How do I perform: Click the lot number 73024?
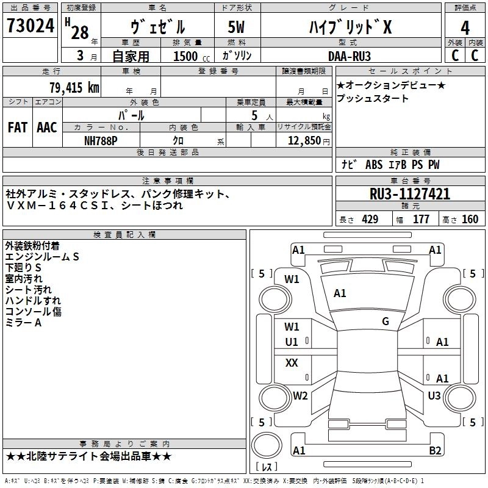pos(30,26)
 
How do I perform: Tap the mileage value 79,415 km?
pos(73,88)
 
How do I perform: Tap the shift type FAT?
pos(17,127)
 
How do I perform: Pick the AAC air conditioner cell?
pos(46,127)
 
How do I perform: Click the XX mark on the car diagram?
pos(292,363)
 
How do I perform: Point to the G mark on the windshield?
pos(386,321)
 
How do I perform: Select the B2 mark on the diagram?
pos(435,451)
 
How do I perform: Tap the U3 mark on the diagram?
pos(434,396)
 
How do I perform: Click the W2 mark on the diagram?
pos(300,396)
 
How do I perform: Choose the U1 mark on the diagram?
pos(292,342)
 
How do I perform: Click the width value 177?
pos(421,220)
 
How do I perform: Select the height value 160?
pos(470,220)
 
